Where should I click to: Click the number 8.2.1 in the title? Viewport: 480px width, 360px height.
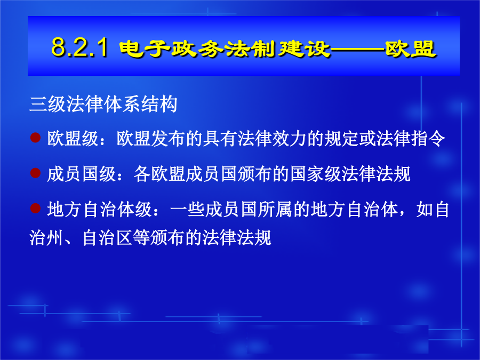79,47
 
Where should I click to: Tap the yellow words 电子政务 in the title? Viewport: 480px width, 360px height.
171,49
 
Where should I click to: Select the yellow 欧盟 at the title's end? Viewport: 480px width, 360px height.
410,49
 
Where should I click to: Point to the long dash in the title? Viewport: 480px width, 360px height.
357,49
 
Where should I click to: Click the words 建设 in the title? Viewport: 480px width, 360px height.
304,49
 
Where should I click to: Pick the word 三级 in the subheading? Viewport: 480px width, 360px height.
48,104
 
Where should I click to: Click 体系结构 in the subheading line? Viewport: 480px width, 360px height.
140,104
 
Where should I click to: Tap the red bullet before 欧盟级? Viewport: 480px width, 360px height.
36,138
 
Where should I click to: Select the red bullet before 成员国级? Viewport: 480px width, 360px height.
36,173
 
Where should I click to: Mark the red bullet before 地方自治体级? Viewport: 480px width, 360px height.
36,208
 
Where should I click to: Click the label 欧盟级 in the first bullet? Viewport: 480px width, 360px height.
73,139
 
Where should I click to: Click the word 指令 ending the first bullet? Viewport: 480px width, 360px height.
428,139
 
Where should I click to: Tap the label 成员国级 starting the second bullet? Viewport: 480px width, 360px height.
82,174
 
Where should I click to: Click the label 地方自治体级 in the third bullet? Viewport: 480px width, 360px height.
99,210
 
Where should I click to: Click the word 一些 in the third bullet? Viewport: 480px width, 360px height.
187,210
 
